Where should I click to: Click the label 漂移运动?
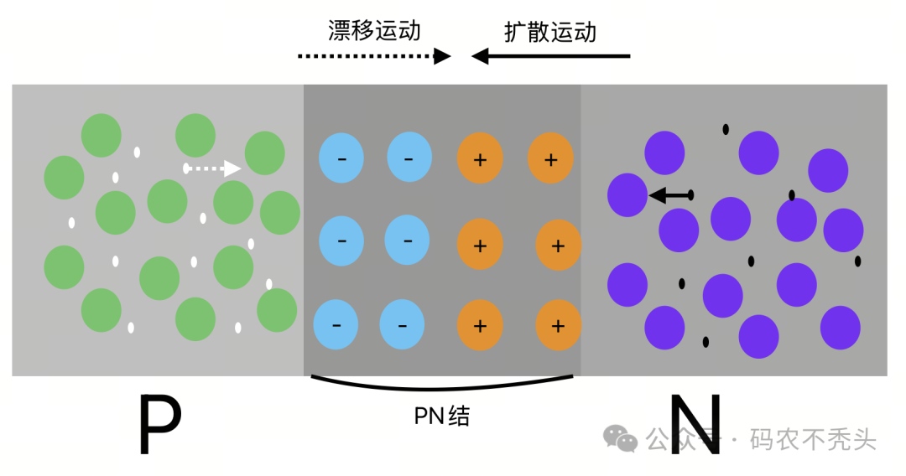coord(374,31)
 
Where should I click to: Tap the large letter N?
coord(695,425)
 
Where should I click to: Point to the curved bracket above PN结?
coord(442,387)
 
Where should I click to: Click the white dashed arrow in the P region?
coord(213,168)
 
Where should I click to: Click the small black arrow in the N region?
coord(670,195)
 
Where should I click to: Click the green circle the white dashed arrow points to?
coord(264,153)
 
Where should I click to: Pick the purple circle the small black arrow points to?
coord(627,195)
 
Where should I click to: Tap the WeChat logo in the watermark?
coord(622,437)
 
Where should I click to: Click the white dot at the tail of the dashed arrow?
coord(186,168)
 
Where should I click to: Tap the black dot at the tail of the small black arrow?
coord(690,195)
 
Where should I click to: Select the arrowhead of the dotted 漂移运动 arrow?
coord(442,56)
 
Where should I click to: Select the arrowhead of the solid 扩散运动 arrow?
coord(480,56)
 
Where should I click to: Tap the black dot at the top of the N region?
coord(726,129)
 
